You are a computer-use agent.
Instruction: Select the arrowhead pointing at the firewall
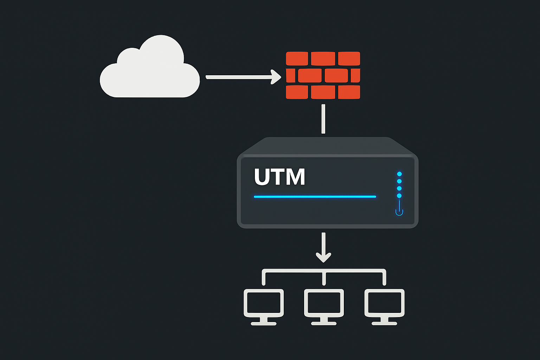click(276, 77)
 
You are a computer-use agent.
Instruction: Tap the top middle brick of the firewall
click(323, 58)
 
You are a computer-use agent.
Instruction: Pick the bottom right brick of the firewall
click(349, 92)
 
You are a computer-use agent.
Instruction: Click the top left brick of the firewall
click(297, 58)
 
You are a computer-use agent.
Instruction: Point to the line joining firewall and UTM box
click(323, 119)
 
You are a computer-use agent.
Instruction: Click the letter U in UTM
click(262, 177)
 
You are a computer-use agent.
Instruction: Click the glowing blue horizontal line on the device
click(315, 197)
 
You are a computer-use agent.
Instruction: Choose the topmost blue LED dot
click(399, 174)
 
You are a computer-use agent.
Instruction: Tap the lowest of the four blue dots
click(399, 196)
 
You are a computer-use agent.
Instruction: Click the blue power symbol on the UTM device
click(399, 211)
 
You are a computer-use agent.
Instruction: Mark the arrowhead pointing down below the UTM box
click(323, 257)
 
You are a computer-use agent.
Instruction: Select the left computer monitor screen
click(264, 302)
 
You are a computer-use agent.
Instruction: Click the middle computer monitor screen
click(324, 302)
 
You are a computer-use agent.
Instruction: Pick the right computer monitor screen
click(384, 302)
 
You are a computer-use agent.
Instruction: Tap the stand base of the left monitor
click(264, 323)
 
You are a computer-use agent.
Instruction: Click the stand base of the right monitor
click(384, 323)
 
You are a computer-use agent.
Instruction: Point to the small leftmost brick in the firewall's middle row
click(290, 75)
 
